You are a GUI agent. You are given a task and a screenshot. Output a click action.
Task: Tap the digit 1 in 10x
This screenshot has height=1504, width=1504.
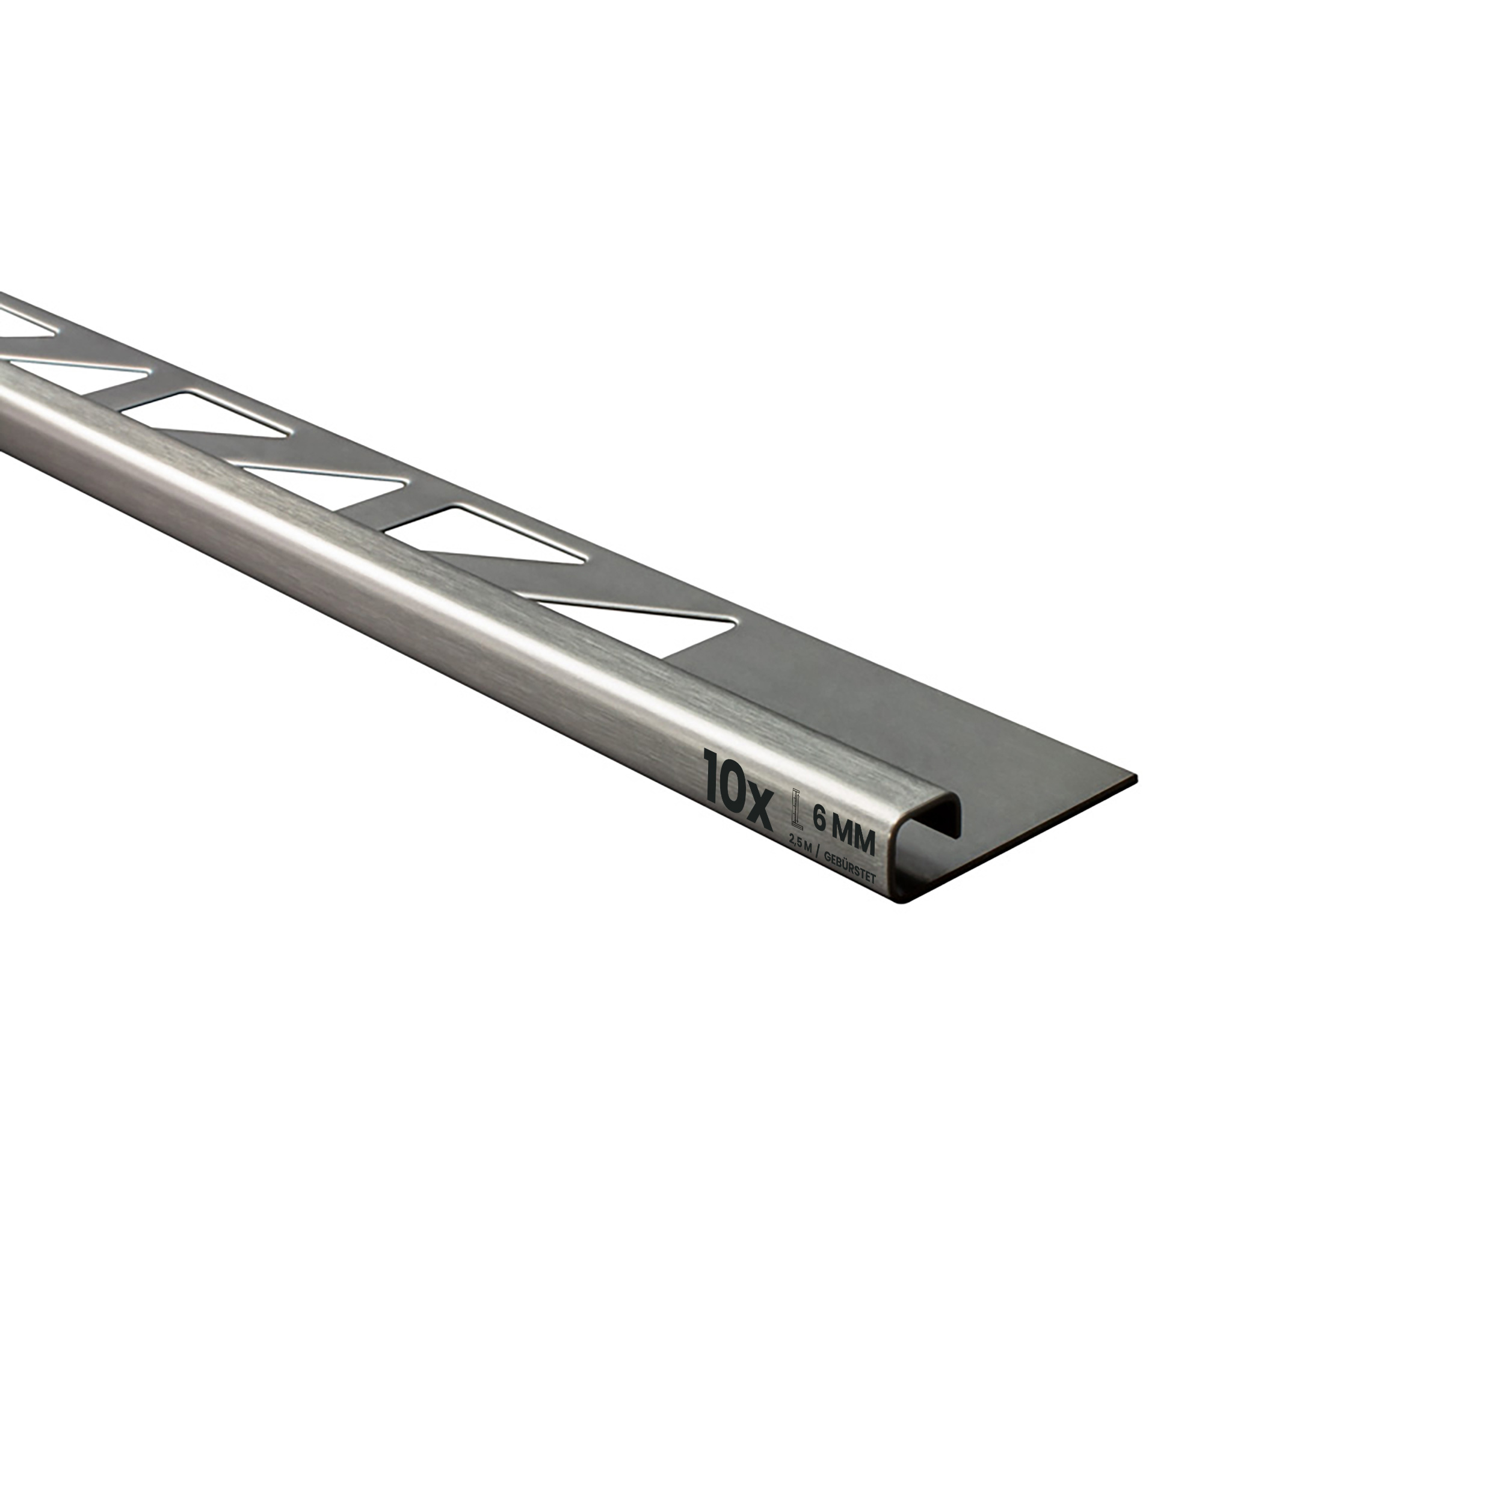point(710,775)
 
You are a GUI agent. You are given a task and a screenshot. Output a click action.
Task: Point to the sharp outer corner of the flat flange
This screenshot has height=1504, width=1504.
point(1136,778)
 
